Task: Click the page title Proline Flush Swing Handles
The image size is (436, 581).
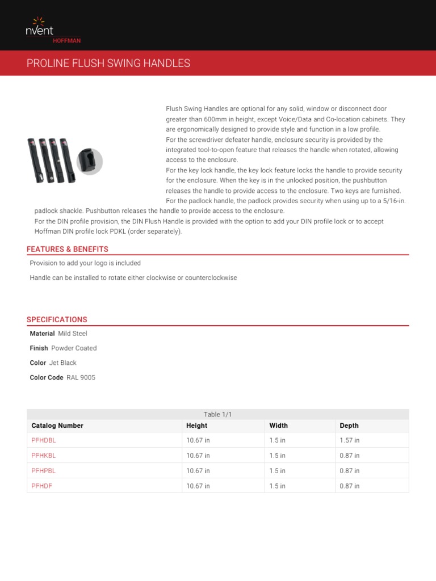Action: [x=108, y=63]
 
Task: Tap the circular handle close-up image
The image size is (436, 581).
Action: [x=89, y=161]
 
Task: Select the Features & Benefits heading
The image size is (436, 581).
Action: [x=67, y=249]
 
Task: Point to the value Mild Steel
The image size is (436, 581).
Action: [x=73, y=334]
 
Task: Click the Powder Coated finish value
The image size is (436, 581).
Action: [x=74, y=348]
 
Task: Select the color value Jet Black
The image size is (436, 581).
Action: [x=62, y=363]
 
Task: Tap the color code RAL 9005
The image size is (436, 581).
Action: [x=81, y=378]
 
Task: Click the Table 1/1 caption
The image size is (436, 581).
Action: [x=217, y=415]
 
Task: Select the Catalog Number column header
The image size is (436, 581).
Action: [x=57, y=426]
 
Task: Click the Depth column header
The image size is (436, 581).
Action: [x=349, y=426]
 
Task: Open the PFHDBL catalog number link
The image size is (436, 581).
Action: [x=44, y=440]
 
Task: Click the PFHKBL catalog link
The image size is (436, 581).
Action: [x=44, y=456]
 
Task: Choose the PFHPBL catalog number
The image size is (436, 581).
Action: [x=44, y=471]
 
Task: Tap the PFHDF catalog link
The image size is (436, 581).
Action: [x=41, y=486]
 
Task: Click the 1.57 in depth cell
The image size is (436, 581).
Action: [x=349, y=440]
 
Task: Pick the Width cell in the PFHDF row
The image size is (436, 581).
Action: [x=277, y=486]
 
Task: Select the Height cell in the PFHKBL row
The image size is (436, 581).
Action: [x=198, y=456]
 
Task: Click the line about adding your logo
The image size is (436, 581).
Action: [x=85, y=263]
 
